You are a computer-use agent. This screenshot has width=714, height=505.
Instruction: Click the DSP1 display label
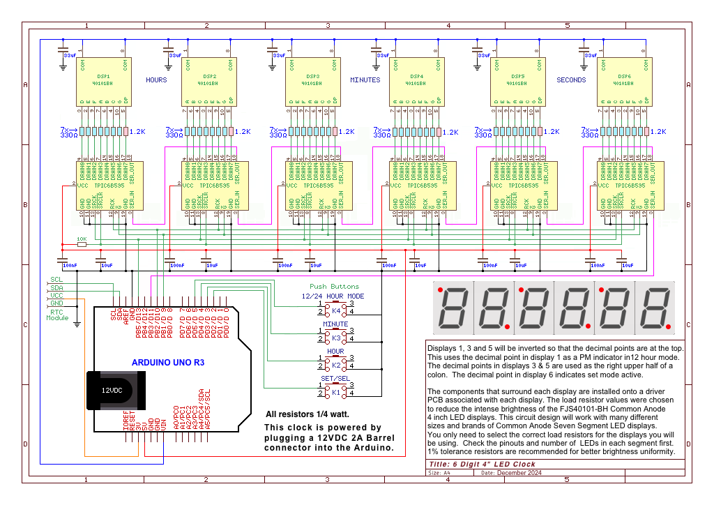[x=103, y=75]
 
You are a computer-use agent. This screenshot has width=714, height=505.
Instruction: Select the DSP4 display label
[x=417, y=75]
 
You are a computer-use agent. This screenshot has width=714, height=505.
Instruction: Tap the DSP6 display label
[x=624, y=75]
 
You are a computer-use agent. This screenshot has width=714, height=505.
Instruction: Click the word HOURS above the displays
[x=156, y=80]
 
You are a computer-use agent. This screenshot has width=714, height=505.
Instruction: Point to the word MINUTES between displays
[x=365, y=80]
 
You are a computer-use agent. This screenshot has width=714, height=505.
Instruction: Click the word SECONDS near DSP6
[x=571, y=80]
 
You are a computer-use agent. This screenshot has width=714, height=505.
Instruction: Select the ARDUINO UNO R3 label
[x=168, y=363]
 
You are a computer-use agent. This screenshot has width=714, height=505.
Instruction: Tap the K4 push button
[x=335, y=308]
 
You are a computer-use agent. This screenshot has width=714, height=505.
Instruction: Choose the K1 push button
[x=335, y=392]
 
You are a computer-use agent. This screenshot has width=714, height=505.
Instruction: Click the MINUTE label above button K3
[x=335, y=324]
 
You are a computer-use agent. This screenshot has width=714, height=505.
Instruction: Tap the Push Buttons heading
[x=334, y=286]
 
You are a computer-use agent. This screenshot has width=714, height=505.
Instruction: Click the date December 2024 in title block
[x=519, y=473]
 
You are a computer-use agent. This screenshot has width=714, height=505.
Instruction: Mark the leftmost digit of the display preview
[x=451, y=307]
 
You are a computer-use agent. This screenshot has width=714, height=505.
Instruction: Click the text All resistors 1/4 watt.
[x=307, y=414]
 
